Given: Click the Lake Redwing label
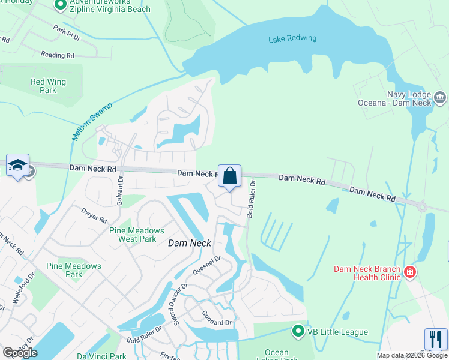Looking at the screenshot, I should [x=292, y=39].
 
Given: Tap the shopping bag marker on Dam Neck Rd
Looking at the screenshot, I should [x=229, y=176].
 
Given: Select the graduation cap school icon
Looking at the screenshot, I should [x=17, y=165].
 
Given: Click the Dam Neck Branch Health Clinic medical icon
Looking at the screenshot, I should [x=411, y=273].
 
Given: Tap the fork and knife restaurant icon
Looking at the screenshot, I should [x=436, y=339].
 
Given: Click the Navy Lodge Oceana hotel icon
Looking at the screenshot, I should [x=440, y=97].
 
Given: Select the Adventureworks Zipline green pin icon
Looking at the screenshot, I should [x=60, y=5].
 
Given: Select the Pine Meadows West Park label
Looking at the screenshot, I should [x=137, y=235].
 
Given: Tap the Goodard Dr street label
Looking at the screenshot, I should [x=216, y=318].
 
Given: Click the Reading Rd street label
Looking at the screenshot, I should [x=58, y=55].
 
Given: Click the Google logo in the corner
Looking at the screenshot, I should [x=20, y=353].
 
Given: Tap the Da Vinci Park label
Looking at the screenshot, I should [x=101, y=356].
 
